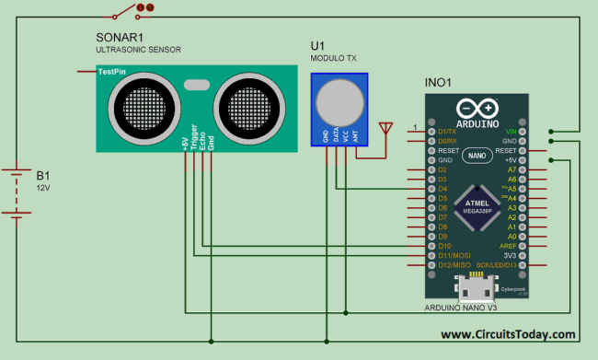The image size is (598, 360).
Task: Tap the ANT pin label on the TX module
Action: point(355,135)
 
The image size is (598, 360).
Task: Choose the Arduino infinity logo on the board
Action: point(477,108)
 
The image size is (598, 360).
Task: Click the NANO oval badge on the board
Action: point(477,156)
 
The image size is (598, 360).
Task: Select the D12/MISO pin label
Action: point(454,265)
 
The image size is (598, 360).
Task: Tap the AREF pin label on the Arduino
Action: point(507,246)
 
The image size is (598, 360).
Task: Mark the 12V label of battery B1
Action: point(43,187)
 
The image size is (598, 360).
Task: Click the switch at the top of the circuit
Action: point(127,11)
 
